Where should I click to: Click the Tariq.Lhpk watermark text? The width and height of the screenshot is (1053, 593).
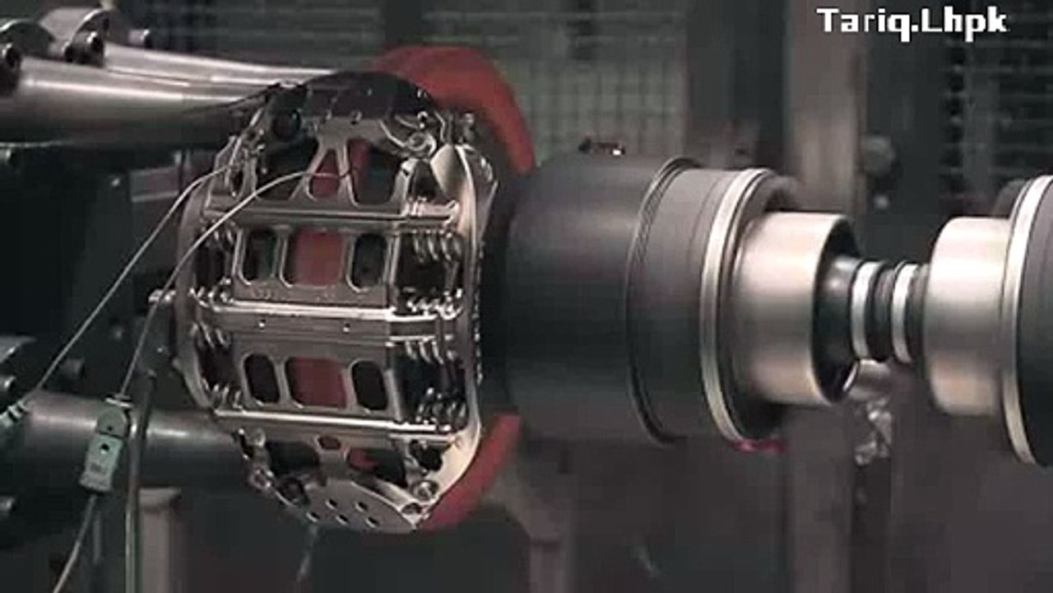(x=912, y=22)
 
